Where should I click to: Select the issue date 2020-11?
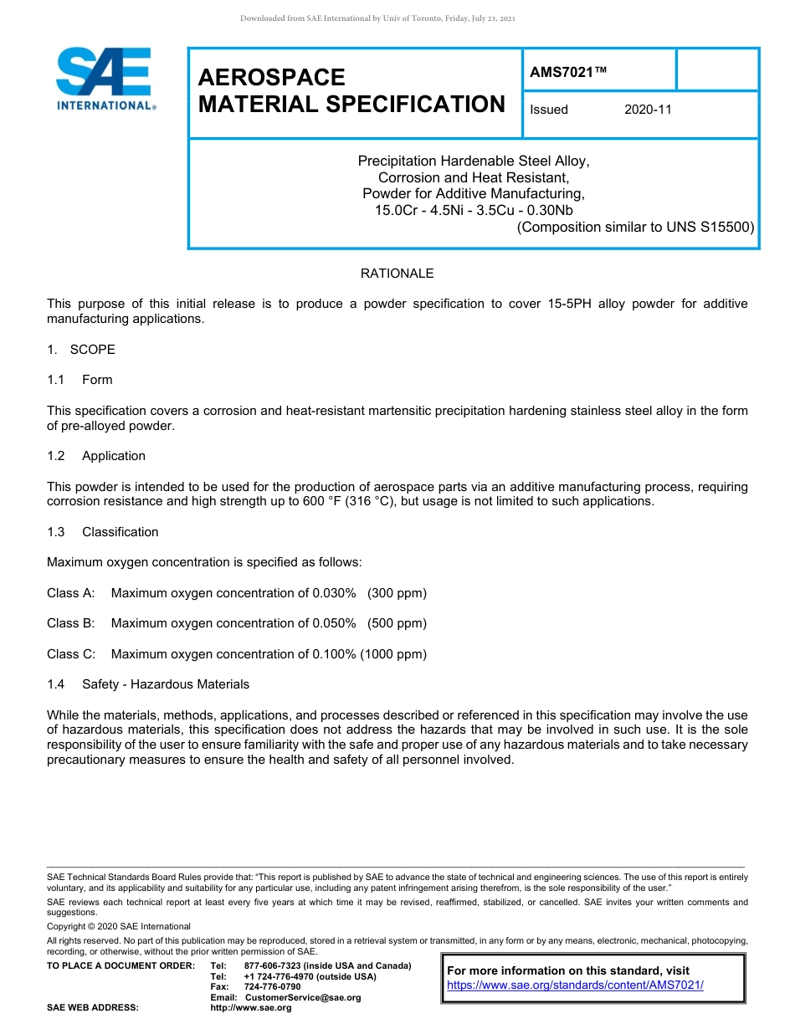coord(648,110)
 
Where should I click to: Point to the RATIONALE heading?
coord(397,274)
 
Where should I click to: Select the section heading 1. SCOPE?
coord(81,349)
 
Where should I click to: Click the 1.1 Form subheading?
coord(79,380)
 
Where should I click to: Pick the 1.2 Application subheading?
coord(96,456)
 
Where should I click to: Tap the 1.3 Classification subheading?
coord(102,532)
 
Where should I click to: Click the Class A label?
coord(70,593)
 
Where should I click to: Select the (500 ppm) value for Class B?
coord(397,623)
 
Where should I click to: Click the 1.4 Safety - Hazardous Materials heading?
coord(148,684)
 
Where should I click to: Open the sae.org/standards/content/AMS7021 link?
coord(575,985)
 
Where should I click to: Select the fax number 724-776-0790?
coord(272,986)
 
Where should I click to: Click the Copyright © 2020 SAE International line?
coord(119,926)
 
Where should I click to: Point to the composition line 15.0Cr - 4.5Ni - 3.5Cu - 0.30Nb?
coord(473,210)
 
